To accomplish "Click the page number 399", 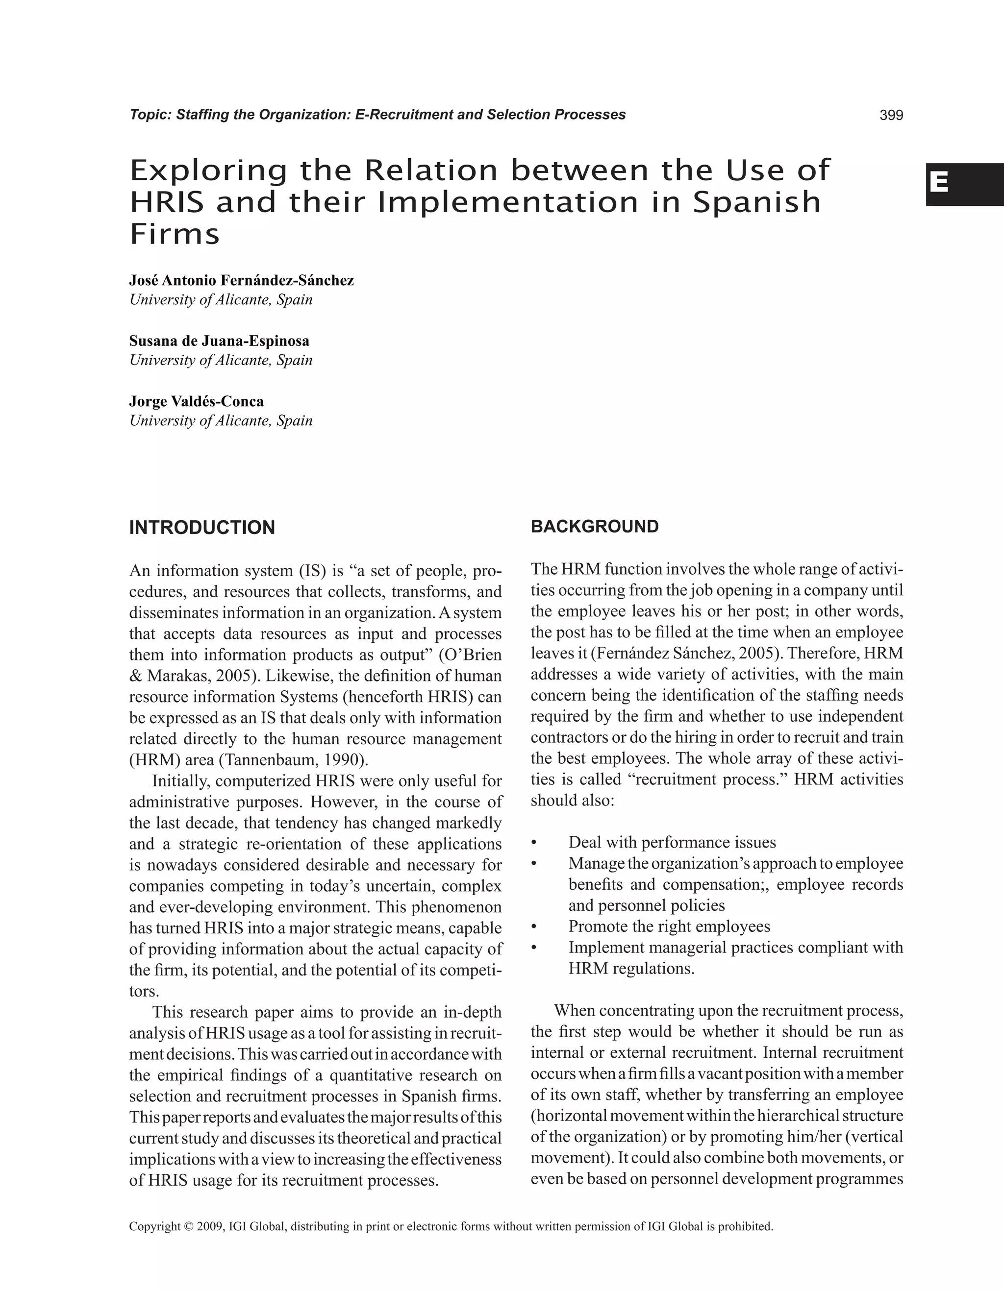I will [891, 115].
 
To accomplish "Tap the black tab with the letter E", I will [964, 184].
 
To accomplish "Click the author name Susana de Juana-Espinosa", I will [219, 341].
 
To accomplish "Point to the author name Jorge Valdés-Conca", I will [196, 402].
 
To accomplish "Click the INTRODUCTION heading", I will [202, 528].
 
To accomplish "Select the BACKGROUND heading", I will [595, 526].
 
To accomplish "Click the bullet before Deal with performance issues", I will [533, 843].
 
